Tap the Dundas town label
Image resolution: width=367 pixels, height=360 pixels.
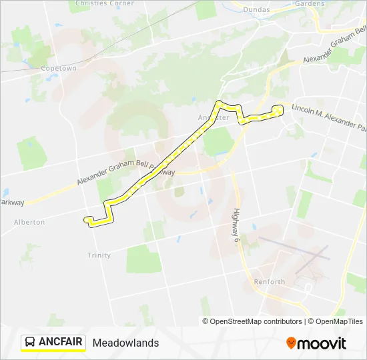pos(256,10)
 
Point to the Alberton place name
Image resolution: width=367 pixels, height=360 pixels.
pos(29,222)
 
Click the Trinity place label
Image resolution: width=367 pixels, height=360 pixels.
pos(99,255)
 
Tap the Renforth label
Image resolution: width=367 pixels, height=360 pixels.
pos(269,282)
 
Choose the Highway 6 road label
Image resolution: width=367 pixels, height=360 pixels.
pos(236,226)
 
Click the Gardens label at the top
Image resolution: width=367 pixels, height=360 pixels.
pos(309,3)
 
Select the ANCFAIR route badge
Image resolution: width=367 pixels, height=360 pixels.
pos(53,343)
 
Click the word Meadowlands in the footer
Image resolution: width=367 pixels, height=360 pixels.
pos(125,343)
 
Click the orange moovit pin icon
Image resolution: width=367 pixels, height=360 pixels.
pos(291,343)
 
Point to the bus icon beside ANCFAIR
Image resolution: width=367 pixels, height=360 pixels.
pos(30,343)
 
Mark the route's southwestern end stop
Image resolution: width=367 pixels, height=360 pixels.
pos(87,219)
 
